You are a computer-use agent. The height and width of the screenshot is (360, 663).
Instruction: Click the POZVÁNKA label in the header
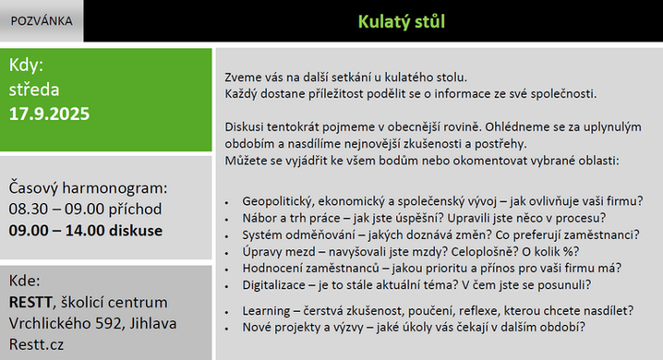[42, 21]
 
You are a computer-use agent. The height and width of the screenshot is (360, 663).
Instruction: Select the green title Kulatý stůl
[402, 21]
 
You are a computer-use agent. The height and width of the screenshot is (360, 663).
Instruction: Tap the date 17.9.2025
[49, 114]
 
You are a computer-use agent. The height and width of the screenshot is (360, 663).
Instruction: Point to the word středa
[34, 90]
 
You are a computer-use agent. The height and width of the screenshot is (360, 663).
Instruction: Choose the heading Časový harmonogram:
[88, 188]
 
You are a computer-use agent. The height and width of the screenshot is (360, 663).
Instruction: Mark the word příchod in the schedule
[135, 210]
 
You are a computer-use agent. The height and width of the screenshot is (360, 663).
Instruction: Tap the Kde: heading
[25, 281]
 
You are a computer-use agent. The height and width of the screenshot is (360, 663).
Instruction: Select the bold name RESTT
[30, 302]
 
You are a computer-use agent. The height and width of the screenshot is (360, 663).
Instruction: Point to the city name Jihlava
[153, 323]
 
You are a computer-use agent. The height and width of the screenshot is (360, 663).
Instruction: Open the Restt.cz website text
[36, 344]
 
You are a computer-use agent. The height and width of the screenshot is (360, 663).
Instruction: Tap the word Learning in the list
[266, 311]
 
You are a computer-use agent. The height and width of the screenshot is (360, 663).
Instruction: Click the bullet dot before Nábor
[226, 220]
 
